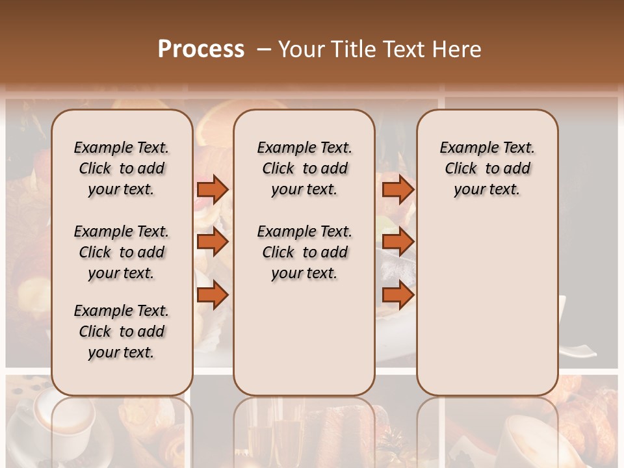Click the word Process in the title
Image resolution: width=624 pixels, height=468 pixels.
201,49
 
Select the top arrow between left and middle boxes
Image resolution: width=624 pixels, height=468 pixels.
213,189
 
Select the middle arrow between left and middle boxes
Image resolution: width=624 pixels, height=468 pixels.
213,242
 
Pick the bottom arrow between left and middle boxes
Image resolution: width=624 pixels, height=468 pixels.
213,295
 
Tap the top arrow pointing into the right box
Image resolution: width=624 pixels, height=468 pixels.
398,189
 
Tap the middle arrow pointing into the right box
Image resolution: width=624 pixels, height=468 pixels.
398,242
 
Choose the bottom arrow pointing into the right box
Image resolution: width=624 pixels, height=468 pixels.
398,295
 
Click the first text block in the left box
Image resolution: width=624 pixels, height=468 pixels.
121,168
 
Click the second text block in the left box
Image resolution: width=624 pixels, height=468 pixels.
121,252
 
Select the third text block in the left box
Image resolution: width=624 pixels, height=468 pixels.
121,331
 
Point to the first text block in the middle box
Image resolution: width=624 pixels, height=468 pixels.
304,168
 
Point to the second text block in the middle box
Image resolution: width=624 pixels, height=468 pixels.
304,252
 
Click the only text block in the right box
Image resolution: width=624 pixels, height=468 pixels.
487,168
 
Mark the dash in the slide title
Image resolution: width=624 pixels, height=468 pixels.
263,49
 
